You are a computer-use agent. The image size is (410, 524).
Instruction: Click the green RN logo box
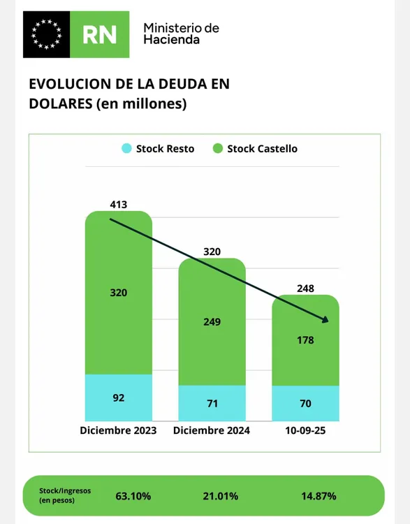pos(101,34)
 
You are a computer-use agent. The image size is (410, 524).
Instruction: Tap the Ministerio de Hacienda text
pos(181,34)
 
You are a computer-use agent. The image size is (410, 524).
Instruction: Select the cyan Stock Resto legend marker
pos(126,148)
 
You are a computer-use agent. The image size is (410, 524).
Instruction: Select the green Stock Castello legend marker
pos(217,148)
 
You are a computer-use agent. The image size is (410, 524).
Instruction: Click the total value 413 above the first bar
pos(119,204)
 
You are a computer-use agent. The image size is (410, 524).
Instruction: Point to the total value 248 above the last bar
pos(305,288)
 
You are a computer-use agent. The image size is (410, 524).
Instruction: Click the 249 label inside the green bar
pos(212,322)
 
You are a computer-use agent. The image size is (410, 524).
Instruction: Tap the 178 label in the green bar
pos(305,340)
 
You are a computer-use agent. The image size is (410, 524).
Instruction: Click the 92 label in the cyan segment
pos(119,398)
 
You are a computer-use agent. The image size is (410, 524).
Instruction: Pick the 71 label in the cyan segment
pos(212,403)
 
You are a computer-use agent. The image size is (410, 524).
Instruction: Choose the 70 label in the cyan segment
pos(305,403)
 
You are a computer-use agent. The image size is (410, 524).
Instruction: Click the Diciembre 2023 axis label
pos(118,431)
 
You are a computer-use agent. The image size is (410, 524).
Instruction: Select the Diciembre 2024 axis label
pos(212,431)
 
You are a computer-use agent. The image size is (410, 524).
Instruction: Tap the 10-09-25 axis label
pos(305,431)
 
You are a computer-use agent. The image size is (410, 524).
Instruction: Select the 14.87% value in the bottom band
pos(319,496)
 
